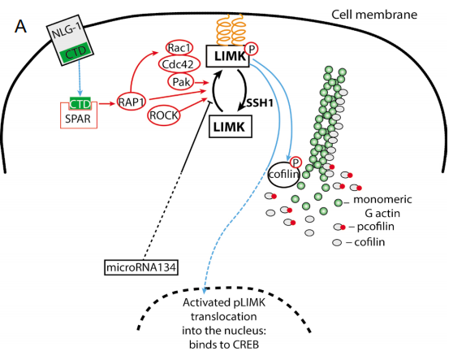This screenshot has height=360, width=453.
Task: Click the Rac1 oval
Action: coord(179,48)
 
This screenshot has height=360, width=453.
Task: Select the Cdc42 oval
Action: coord(179,64)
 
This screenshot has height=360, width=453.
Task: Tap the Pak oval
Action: coord(181,82)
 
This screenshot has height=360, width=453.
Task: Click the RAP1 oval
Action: coord(132,102)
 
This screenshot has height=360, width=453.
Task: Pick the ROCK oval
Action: coord(164,115)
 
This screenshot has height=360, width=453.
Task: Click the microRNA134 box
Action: coord(141,267)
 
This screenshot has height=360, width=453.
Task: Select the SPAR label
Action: coord(78,119)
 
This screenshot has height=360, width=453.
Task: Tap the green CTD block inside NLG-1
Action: coord(75,51)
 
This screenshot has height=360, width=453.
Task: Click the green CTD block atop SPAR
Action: coord(80,103)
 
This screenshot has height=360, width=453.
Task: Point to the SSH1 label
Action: coord(260,102)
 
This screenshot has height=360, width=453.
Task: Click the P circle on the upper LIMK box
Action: coord(252,49)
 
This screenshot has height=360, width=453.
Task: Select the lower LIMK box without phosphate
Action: coord(231,126)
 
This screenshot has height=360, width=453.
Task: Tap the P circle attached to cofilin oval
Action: coord(296,163)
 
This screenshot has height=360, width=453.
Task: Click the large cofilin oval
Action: coord(283,175)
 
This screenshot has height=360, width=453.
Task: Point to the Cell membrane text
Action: coord(374,15)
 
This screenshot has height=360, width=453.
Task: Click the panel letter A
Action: coord(20,27)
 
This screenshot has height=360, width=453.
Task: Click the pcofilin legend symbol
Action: coord(339,227)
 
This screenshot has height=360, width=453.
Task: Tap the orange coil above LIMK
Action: coord(231,30)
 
